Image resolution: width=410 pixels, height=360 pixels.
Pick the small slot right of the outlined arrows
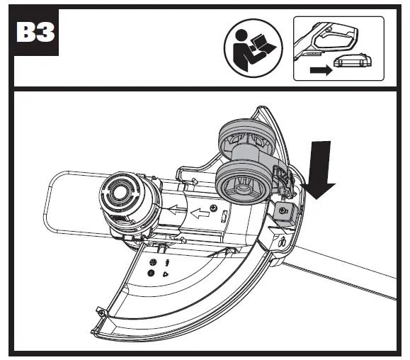tap(222, 215)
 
